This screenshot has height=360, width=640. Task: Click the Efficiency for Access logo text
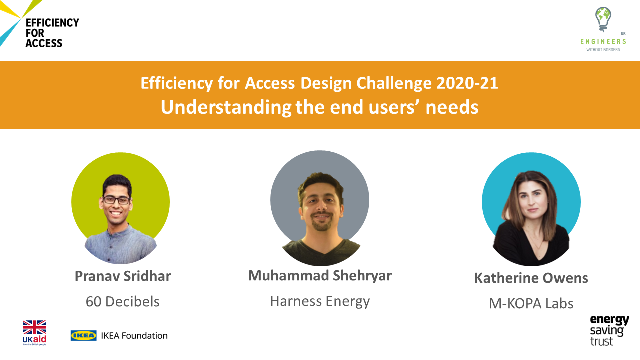click(52, 33)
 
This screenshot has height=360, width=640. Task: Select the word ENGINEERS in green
click(603, 42)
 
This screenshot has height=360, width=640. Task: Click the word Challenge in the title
click(394, 84)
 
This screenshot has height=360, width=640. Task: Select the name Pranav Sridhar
click(123, 276)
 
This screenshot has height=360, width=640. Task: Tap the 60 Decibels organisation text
click(123, 301)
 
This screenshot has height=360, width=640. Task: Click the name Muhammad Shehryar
click(320, 276)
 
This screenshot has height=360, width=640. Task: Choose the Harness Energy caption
click(320, 301)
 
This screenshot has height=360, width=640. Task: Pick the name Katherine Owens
click(531, 278)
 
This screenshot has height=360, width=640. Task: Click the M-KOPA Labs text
click(531, 303)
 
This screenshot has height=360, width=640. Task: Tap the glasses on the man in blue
click(116, 200)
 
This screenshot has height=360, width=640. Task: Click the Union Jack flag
click(34, 327)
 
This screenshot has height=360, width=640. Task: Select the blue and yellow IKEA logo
click(83, 335)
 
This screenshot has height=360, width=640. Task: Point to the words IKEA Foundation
click(134, 336)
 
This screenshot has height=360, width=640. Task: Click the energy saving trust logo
click(609, 330)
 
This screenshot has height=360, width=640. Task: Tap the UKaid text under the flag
click(34, 339)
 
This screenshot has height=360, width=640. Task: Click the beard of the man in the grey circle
click(321, 223)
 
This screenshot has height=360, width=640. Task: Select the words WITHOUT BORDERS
click(603, 50)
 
